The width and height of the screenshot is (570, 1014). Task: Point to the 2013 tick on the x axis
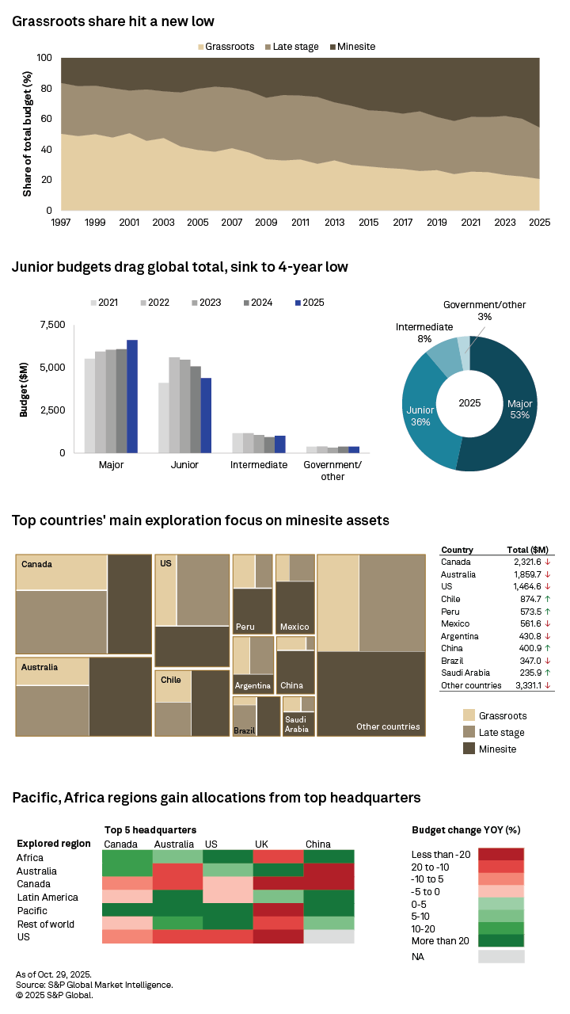coord(335,223)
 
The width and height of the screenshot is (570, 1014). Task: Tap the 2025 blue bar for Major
coord(132,396)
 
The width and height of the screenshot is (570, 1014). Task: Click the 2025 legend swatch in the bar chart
coord(298,303)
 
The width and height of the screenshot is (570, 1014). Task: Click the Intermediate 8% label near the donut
coord(424,333)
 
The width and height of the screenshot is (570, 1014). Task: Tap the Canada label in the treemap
coord(36,565)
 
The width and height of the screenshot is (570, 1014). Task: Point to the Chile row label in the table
coord(450,599)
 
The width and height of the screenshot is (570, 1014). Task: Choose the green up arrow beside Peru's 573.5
coord(548,612)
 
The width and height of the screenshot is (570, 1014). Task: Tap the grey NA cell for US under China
coord(329,937)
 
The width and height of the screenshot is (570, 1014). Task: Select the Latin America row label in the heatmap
coord(47,898)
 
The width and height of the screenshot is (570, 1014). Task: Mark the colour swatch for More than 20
coord(500,941)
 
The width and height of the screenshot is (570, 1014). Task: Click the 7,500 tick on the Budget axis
coord(51,325)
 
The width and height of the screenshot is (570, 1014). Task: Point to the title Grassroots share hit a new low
coord(113,21)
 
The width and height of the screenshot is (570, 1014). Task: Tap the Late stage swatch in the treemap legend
coord(469,732)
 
